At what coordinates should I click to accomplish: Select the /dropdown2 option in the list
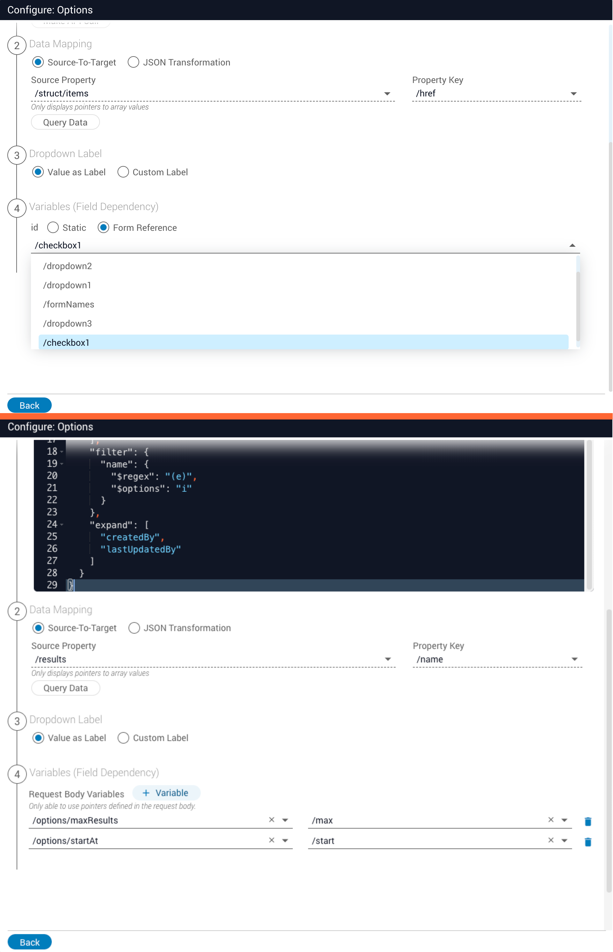(68, 266)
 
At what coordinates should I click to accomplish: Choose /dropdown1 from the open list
(67, 285)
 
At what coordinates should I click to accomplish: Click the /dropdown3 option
(68, 323)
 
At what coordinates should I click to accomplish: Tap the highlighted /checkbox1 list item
(66, 342)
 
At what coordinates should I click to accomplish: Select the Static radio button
(53, 228)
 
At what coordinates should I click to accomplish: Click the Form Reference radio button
(103, 228)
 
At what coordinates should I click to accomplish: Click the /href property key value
(426, 94)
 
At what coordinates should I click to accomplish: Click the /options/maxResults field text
(76, 820)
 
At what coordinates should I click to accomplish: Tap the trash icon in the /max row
(587, 821)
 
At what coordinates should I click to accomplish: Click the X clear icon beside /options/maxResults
(271, 820)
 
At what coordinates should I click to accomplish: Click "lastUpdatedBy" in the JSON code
(140, 549)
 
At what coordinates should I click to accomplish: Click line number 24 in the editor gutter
(52, 524)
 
